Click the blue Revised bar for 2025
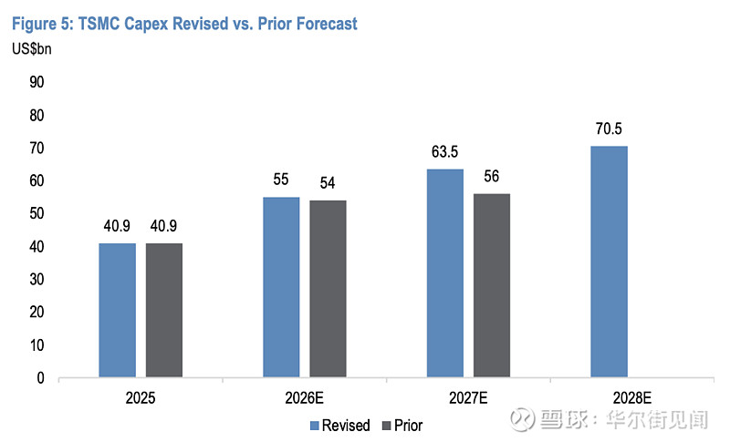(118, 310)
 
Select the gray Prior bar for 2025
(164, 310)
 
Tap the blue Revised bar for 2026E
(281, 287)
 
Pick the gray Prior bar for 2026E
(328, 289)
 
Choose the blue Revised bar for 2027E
(445, 272)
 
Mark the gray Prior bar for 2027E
(492, 285)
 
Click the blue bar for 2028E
(609, 262)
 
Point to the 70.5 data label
(609, 128)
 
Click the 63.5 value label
(444, 152)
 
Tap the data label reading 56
(491, 177)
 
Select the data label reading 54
(328, 183)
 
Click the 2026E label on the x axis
(304, 398)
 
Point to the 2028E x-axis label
(631, 398)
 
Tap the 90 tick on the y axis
(36, 82)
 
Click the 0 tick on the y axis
(40, 378)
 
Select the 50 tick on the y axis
(36, 214)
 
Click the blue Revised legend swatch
(315, 426)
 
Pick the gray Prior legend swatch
(386, 426)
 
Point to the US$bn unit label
(32, 49)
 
